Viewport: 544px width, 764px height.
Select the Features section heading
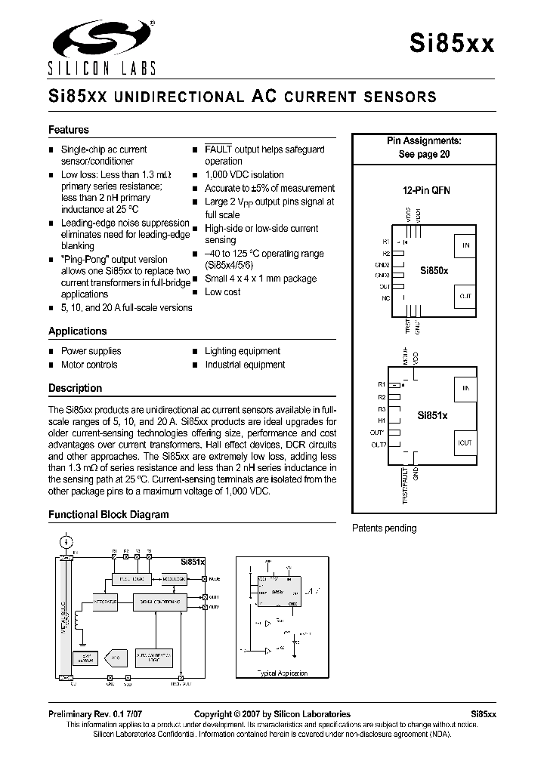click(x=69, y=130)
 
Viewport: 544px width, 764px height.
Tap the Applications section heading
click(x=78, y=331)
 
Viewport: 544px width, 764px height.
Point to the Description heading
click(x=75, y=388)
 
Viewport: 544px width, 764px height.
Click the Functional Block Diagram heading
click(x=109, y=515)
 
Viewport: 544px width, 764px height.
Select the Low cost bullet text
click(x=223, y=292)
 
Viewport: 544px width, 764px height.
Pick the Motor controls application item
click(x=89, y=365)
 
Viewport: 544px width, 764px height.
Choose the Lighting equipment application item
click(x=243, y=351)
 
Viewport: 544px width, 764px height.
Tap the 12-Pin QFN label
click(x=425, y=191)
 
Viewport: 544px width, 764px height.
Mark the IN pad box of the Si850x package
click(x=465, y=245)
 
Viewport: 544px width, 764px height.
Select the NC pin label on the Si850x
click(x=385, y=298)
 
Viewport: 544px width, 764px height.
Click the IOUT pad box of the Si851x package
click(x=465, y=442)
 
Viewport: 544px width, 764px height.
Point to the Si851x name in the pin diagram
click(x=433, y=416)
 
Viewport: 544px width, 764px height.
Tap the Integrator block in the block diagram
click(x=104, y=602)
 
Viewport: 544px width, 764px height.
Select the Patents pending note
click(x=384, y=528)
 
